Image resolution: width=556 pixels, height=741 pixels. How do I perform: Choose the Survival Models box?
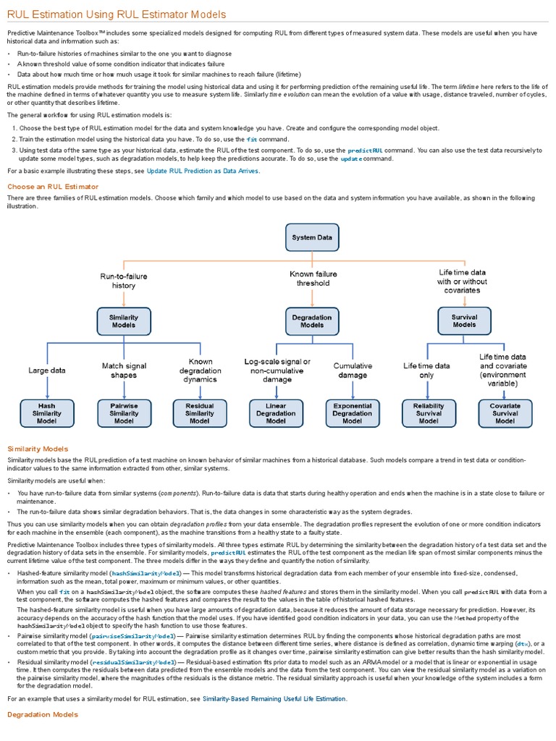464,321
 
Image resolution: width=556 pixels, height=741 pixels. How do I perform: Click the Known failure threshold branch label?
310,279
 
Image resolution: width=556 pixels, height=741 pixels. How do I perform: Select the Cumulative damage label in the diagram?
353,370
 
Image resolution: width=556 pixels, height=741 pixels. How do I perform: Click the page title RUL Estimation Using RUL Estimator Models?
117,14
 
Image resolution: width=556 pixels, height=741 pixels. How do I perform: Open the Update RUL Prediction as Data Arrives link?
202,171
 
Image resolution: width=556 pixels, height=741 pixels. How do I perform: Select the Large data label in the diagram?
47,370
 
